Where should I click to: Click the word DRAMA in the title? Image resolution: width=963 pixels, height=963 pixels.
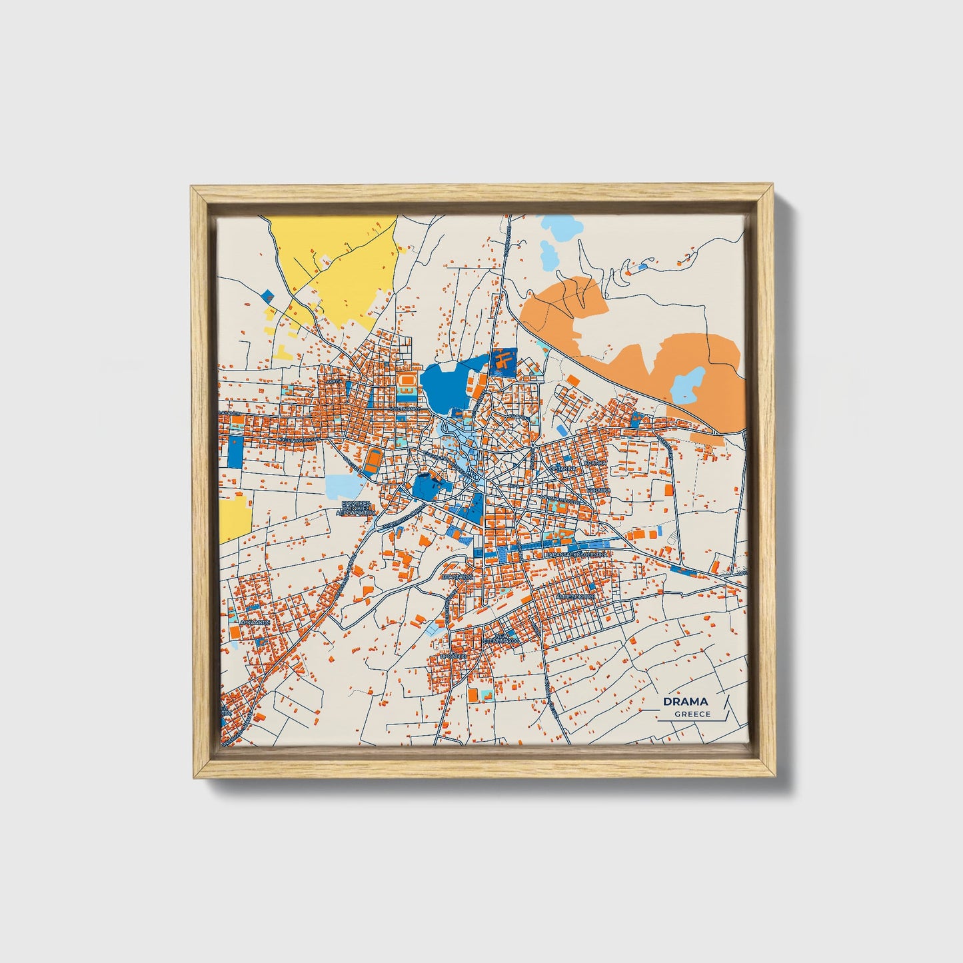685,701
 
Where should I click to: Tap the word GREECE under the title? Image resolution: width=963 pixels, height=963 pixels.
692,714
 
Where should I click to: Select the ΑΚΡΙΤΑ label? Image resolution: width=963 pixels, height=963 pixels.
335,381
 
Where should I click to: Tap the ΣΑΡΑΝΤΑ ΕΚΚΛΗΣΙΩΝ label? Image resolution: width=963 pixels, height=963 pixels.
575,554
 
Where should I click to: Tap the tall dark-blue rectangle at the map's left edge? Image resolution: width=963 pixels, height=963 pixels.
235,452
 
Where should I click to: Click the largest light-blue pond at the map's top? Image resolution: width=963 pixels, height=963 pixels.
548,254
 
